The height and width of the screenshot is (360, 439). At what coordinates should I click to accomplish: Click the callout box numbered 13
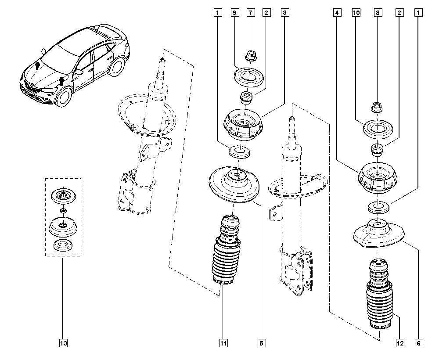64,343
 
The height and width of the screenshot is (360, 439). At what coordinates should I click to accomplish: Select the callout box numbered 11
224,343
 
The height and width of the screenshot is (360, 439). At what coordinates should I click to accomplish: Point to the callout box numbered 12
400,343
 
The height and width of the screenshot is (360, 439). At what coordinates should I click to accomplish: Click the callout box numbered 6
419,343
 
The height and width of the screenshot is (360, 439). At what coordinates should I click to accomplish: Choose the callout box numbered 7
251,13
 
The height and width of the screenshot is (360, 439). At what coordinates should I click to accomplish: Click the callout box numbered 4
337,13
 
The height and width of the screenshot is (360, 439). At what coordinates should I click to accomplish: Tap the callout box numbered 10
356,13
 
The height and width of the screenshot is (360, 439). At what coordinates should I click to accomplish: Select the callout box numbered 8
377,13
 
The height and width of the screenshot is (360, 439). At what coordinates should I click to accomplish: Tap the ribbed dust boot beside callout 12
378,299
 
